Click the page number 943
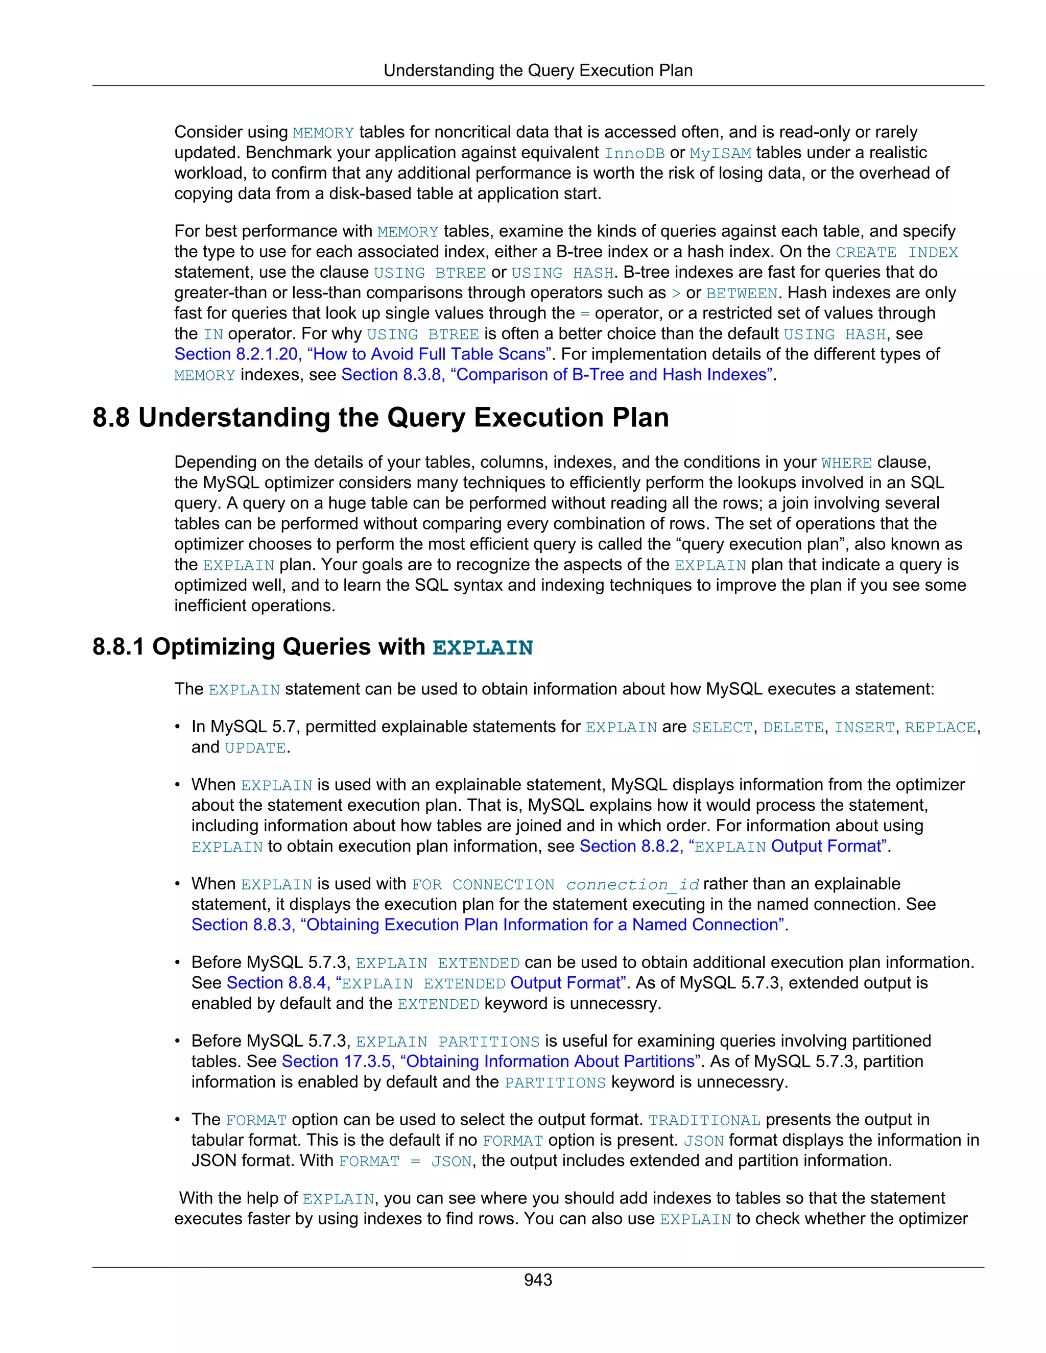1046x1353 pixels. tap(537, 1279)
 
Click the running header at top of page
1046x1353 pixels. tap(537, 70)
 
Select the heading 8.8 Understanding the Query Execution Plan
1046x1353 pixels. tap(381, 418)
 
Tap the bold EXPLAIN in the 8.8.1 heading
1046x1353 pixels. tap(482, 647)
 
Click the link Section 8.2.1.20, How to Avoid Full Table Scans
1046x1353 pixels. tap(363, 354)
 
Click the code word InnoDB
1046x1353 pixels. tap(634, 153)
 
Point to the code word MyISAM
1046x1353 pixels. tap(720, 153)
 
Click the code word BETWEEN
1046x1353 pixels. tap(742, 293)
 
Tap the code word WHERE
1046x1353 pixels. tap(846, 463)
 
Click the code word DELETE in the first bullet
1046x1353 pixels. tap(794, 727)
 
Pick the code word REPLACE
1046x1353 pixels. tap(940, 727)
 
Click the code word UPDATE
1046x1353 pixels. tap(255, 748)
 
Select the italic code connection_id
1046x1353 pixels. tap(633, 885)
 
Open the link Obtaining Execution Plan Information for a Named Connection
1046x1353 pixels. tap(488, 925)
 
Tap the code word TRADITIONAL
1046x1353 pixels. tap(704, 1120)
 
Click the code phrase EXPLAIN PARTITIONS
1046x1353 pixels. tap(447, 1042)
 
